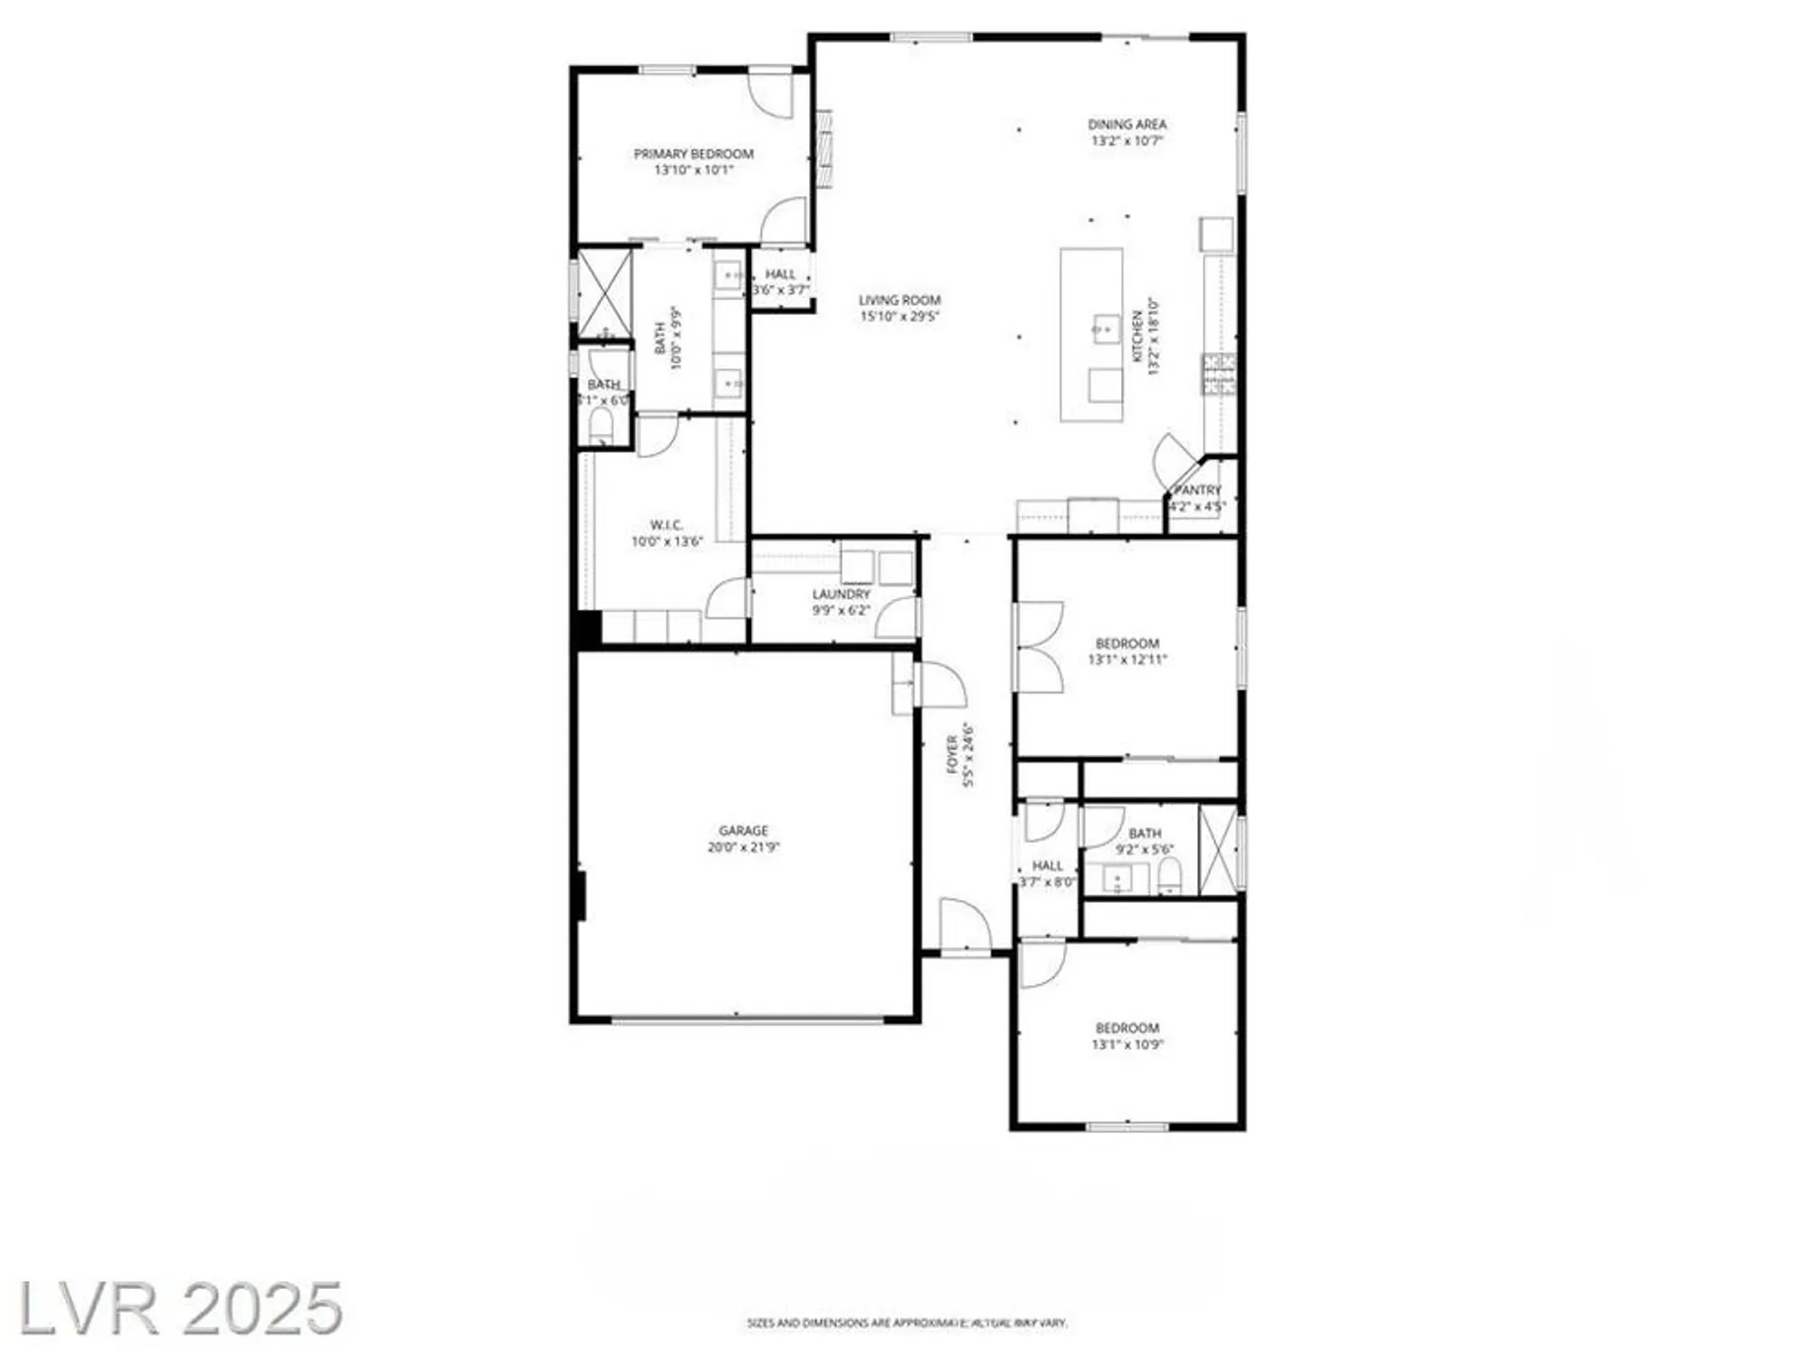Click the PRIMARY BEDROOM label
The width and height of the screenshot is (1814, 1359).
click(693, 154)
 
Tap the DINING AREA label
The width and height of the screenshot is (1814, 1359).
click(1127, 124)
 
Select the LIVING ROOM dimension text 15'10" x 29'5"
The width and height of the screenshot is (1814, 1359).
click(900, 317)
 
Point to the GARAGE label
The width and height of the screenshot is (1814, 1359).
click(744, 830)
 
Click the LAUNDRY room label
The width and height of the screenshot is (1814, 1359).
click(841, 594)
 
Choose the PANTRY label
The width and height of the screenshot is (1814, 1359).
click(1198, 490)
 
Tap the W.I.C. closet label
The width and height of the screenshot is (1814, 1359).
click(667, 525)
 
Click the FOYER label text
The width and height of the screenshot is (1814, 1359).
click(953, 754)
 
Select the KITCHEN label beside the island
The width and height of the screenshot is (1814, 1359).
click(1137, 337)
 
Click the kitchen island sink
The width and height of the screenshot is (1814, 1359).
click(1105, 328)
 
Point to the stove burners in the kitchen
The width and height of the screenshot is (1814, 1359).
click(1219, 374)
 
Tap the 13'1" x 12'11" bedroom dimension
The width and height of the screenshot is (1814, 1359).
click(1127, 660)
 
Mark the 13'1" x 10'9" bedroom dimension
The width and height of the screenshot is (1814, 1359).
click(1127, 1044)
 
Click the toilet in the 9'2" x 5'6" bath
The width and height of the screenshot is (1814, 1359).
click(1170, 877)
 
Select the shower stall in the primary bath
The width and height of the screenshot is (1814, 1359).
click(605, 293)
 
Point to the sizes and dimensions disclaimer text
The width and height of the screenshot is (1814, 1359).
click(907, 1324)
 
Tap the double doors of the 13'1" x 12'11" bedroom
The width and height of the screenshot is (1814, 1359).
click(1039, 648)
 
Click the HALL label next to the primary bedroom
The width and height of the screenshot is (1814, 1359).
click(780, 274)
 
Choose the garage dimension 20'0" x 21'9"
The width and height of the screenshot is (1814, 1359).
click(744, 847)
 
